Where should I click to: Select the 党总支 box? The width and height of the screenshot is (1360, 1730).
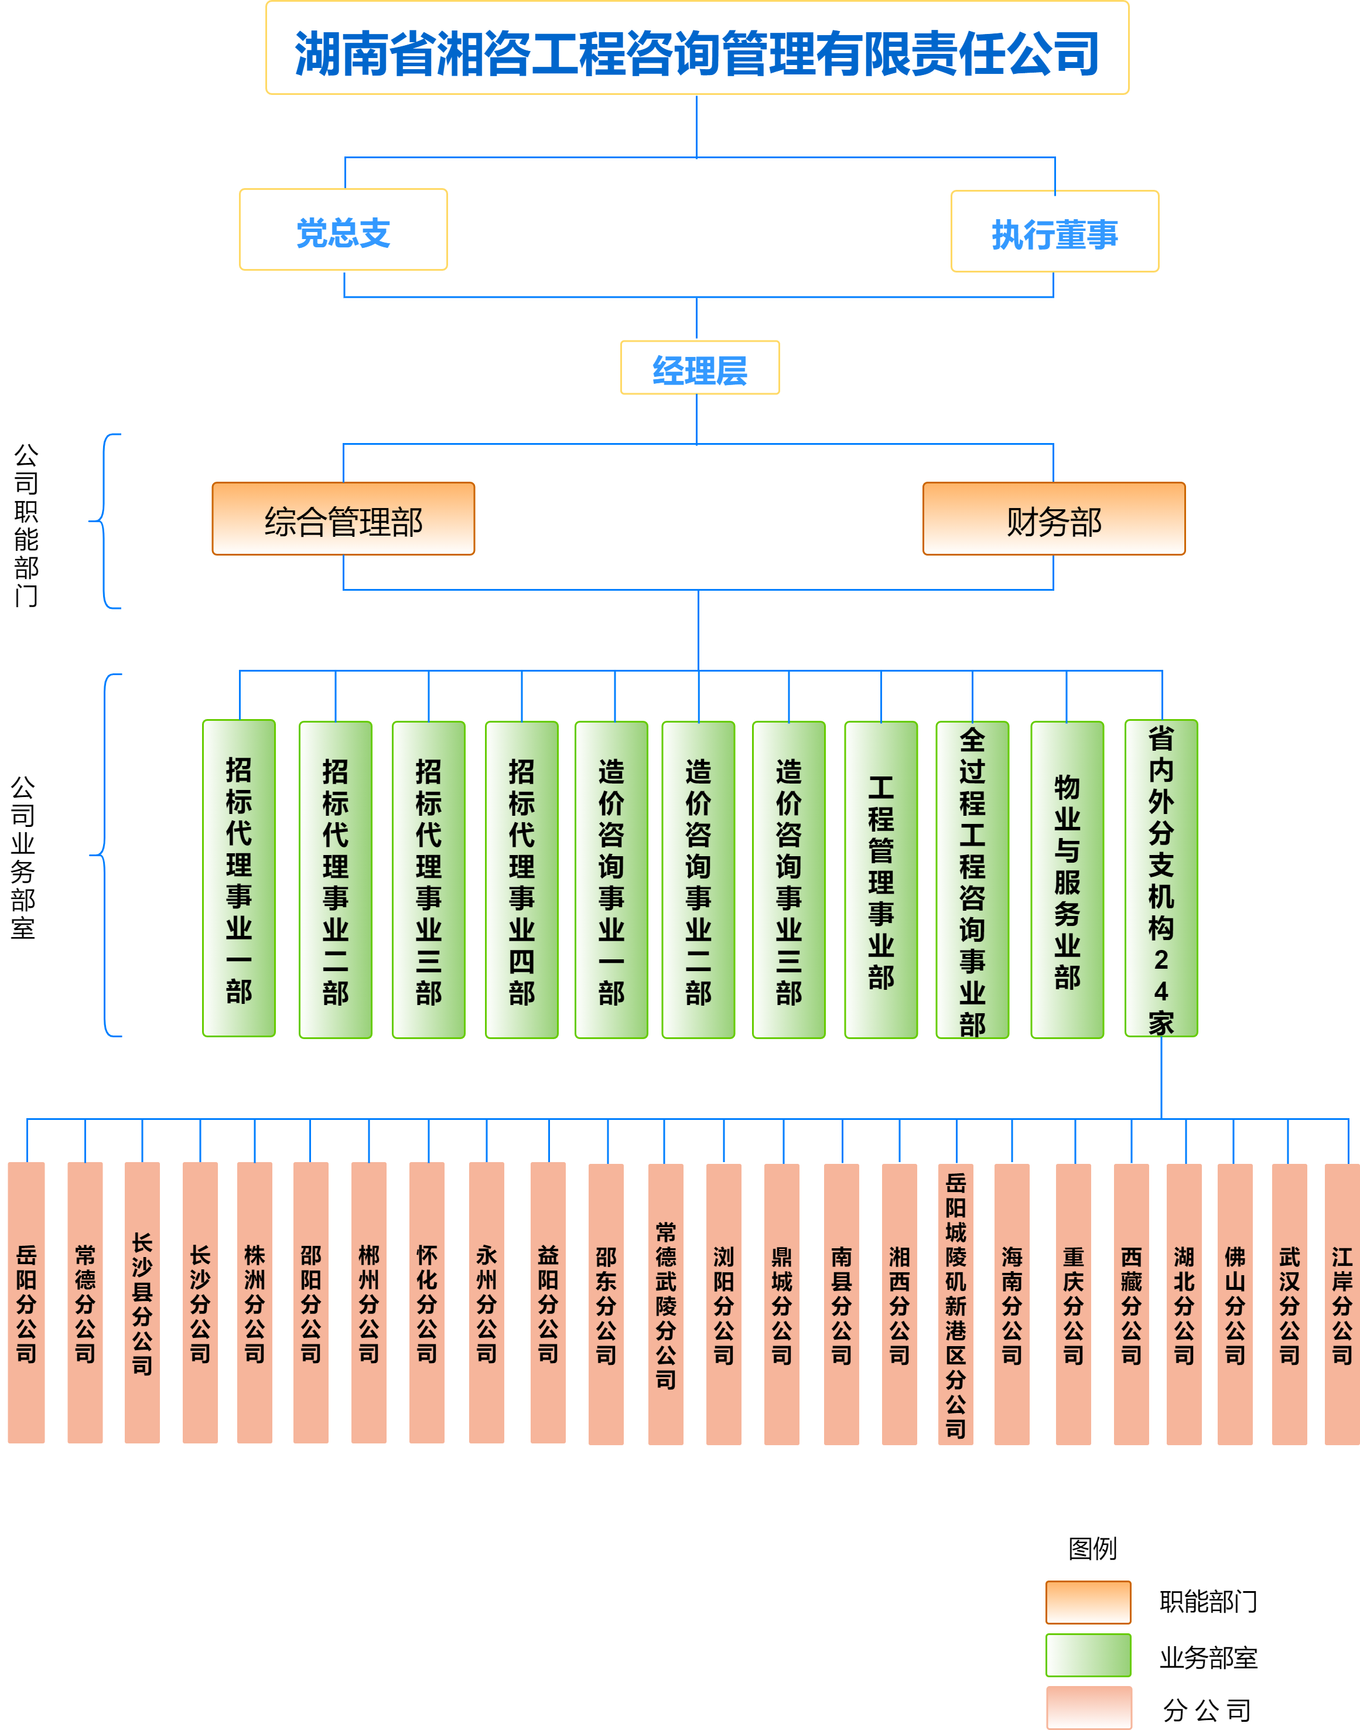343,230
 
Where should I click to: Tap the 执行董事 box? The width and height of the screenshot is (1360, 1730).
1054,232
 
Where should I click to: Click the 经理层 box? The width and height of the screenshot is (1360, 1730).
699,368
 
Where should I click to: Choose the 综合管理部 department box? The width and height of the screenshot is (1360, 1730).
343,519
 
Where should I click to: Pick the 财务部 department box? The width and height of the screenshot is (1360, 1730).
1054,519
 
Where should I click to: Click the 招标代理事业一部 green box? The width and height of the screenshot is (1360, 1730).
239,878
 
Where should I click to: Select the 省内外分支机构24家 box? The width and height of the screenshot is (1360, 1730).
1161,878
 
